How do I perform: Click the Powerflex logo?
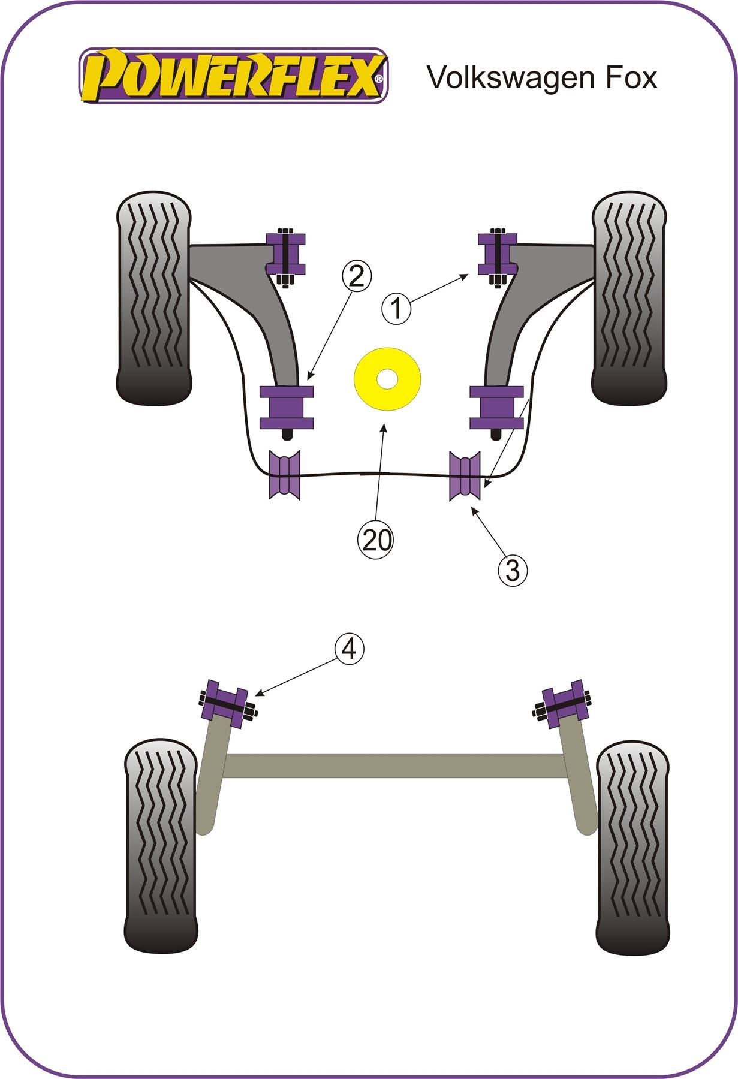pyautogui.click(x=234, y=76)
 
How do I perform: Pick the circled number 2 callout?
pyautogui.click(x=356, y=276)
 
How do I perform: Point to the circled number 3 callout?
pyautogui.click(x=513, y=570)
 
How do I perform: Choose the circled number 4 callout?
pyautogui.click(x=349, y=648)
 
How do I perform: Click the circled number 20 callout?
pyautogui.click(x=375, y=539)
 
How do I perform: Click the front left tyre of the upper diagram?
pyautogui.click(x=154, y=297)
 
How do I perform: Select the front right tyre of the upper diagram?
pyautogui.click(x=629, y=297)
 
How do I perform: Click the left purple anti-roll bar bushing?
pyautogui.click(x=285, y=474)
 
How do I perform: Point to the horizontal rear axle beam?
pyautogui.click(x=393, y=765)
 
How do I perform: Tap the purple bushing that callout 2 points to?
pyautogui.click(x=287, y=408)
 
